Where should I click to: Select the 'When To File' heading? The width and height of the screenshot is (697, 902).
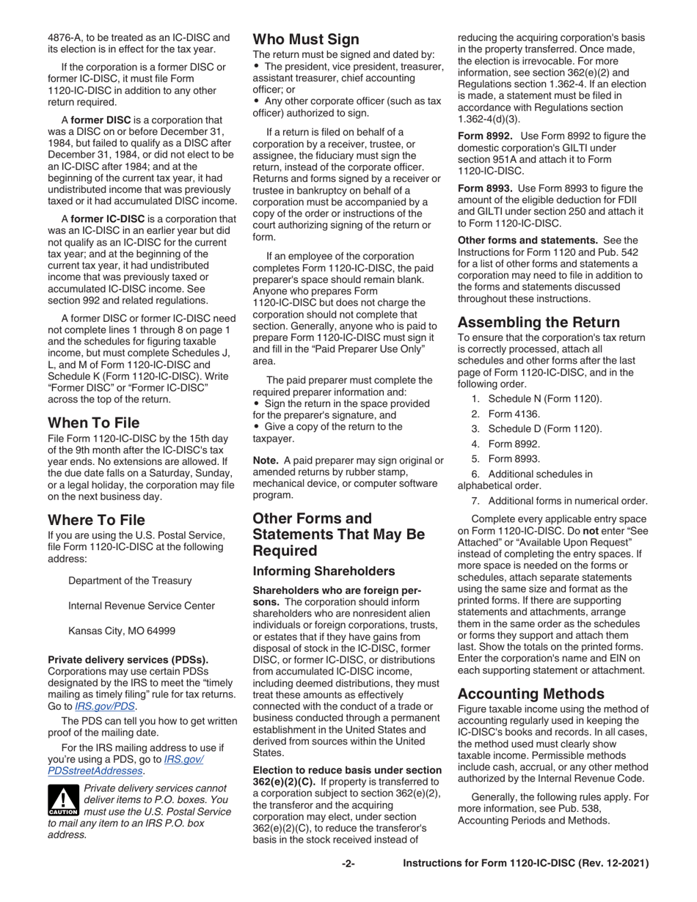[x=93, y=422]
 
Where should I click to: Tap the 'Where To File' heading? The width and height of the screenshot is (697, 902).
[x=96, y=520]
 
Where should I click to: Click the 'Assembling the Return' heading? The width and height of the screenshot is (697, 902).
[x=539, y=322]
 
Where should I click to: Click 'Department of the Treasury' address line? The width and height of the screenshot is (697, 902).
[x=130, y=580]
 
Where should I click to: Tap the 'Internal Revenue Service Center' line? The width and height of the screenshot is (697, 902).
[x=142, y=606]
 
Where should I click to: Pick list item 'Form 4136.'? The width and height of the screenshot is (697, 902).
[x=514, y=414]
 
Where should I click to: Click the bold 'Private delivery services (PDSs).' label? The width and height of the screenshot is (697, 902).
[x=128, y=659]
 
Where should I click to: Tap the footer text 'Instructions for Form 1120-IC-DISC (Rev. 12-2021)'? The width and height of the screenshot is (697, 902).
[x=525, y=864]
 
